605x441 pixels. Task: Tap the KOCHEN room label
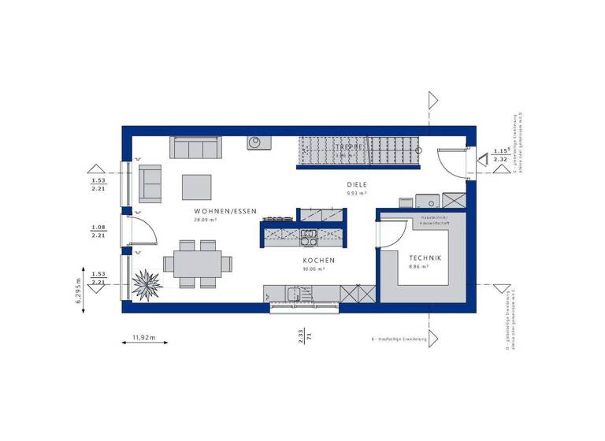pos(319,260)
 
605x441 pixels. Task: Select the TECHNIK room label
pos(425,258)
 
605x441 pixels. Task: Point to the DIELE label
pos(358,185)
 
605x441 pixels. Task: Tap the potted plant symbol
pos(147,281)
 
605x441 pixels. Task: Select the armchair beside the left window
pos(150,182)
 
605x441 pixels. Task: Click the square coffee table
pos(197,187)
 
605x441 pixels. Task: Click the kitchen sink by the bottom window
pos(295,294)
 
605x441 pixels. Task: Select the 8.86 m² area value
pos(418,267)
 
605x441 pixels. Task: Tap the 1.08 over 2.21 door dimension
pos(99,230)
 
